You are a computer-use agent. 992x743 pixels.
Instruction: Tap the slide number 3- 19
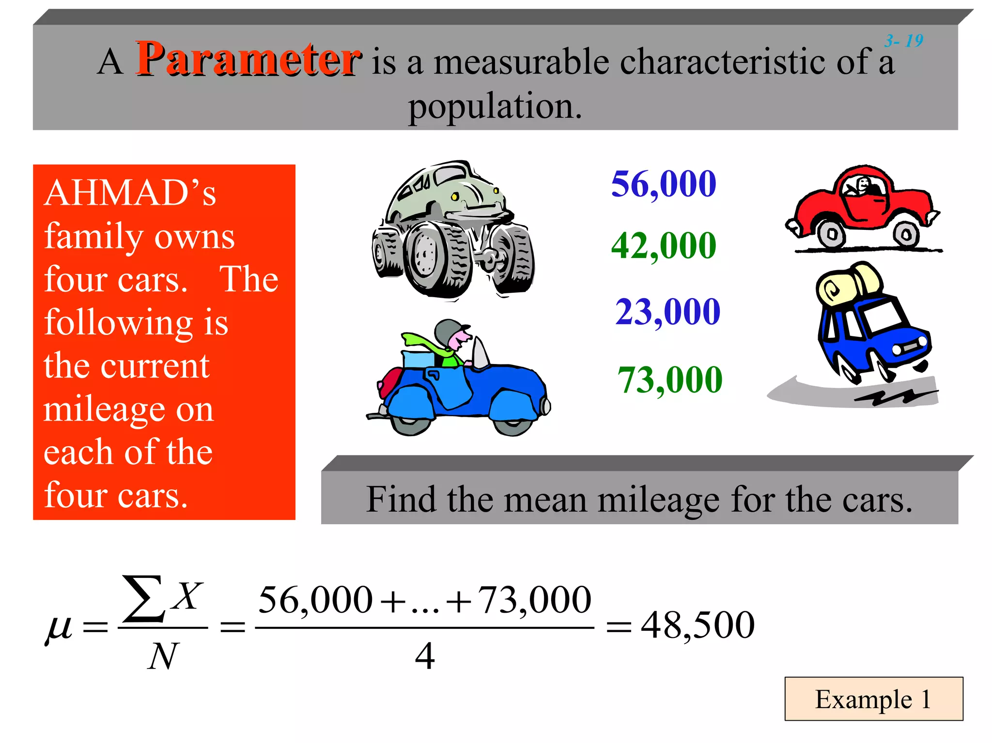click(903, 41)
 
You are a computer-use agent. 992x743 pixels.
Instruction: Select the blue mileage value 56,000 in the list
click(663, 184)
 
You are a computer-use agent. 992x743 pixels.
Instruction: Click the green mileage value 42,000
click(663, 245)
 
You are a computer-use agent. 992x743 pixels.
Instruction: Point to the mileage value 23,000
click(667, 311)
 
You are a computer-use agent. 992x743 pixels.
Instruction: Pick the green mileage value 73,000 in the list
click(669, 379)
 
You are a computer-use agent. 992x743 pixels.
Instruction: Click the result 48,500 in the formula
click(697, 625)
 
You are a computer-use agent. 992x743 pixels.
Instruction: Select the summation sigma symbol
click(142, 599)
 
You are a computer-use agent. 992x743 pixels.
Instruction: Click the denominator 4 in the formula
click(425, 656)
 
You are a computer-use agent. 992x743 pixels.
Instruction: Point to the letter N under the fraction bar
click(163, 657)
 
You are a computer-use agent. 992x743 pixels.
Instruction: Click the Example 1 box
click(873, 699)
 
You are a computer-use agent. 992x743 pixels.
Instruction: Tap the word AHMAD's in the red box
click(130, 193)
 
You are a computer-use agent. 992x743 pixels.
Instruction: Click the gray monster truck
click(453, 230)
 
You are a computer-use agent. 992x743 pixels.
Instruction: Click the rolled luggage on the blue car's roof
click(848, 283)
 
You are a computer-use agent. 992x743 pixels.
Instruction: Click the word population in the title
click(495, 106)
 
